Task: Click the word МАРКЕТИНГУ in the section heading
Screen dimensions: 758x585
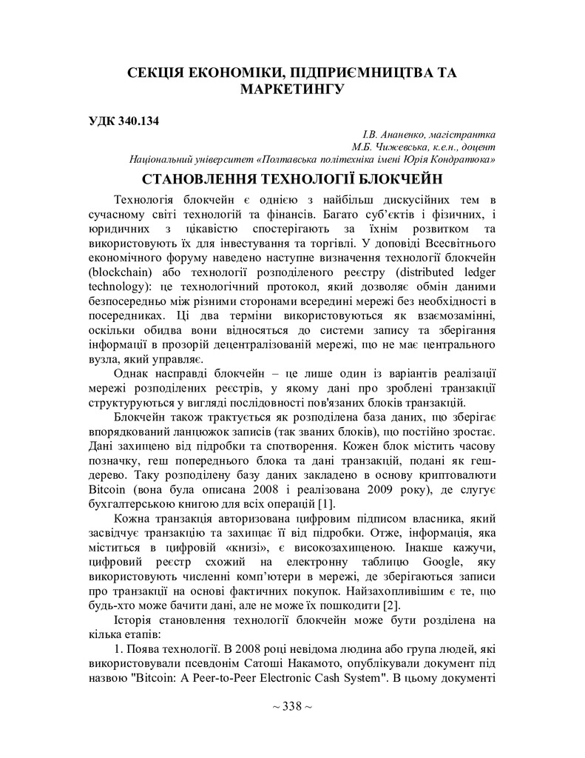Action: coord(292,90)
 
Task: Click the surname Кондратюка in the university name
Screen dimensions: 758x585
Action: coord(460,159)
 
